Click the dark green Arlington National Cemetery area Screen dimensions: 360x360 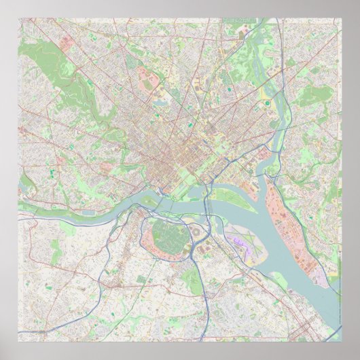(x=163, y=234)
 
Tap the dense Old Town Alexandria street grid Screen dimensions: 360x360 (x=299, y=326)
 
